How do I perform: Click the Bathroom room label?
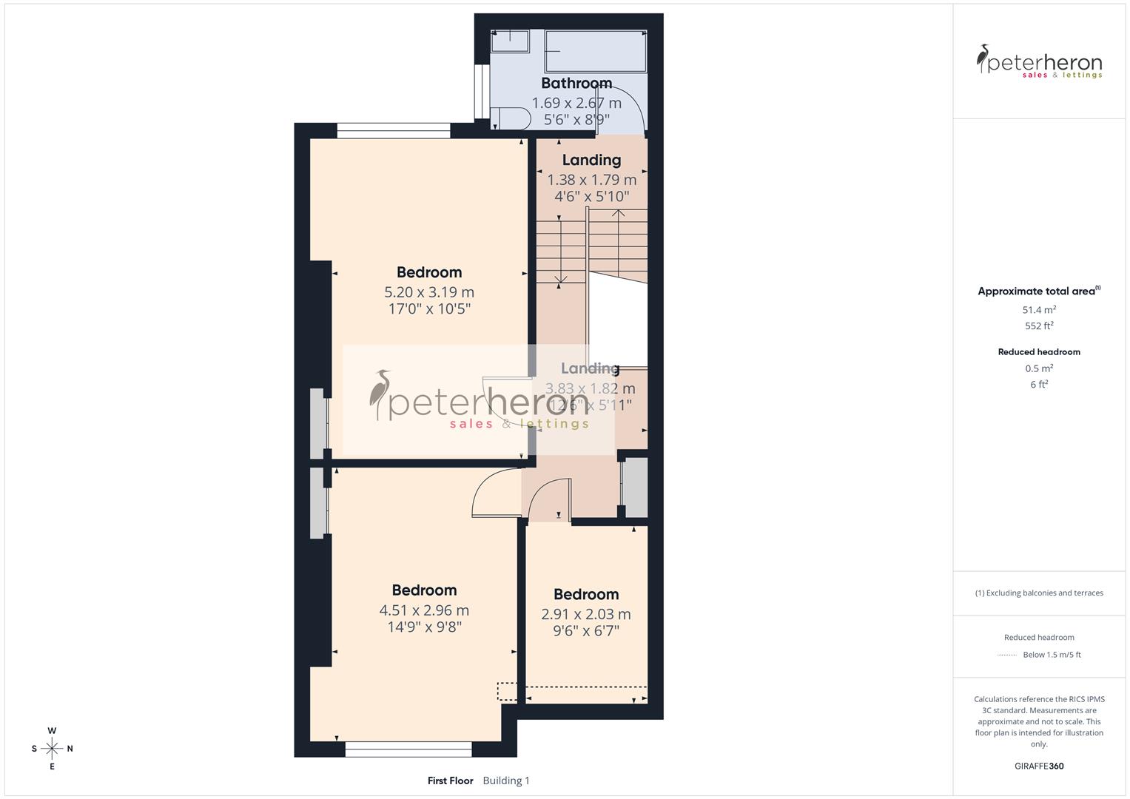coord(576,83)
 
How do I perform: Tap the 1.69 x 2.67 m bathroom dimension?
coord(576,103)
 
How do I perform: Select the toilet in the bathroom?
coord(511,118)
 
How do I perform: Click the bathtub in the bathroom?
coord(595,51)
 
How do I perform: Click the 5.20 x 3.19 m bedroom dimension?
coord(429,292)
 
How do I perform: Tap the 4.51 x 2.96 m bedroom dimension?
coord(424,610)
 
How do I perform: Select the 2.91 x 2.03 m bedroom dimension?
coord(586,614)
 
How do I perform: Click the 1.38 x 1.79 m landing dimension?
coord(591,180)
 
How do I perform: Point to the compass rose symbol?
coord(52,749)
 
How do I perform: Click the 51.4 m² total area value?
coord(1039,310)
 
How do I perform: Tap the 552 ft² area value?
coord(1039,326)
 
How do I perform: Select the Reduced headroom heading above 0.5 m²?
coord(1039,352)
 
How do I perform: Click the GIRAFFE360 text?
coord(1039,766)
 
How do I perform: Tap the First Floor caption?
coord(450,781)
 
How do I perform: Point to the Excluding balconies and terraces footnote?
coord(1039,593)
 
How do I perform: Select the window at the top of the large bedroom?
coord(393,131)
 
